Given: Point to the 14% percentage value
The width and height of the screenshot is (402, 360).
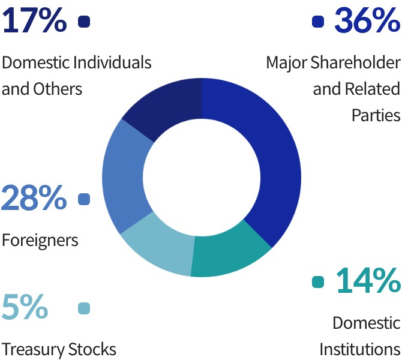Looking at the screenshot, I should (x=367, y=281).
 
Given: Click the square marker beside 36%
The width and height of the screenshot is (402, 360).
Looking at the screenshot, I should (x=318, y=22).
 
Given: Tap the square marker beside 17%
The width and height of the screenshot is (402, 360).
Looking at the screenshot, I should (x=84, y=22).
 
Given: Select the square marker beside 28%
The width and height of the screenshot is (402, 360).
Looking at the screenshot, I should (x=84, y=199).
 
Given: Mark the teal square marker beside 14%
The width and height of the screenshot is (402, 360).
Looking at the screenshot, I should (x=318, y=282).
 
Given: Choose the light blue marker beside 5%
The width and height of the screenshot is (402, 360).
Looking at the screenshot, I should (x=84, y=308).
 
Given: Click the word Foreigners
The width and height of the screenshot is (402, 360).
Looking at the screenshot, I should (x=40, y=241).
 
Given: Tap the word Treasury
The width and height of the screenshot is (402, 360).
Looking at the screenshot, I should (x=31, y=349).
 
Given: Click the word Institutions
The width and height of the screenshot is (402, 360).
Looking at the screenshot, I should (x=359, y=349).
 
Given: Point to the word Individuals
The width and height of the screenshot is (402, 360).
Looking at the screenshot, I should (x=112, y=62).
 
